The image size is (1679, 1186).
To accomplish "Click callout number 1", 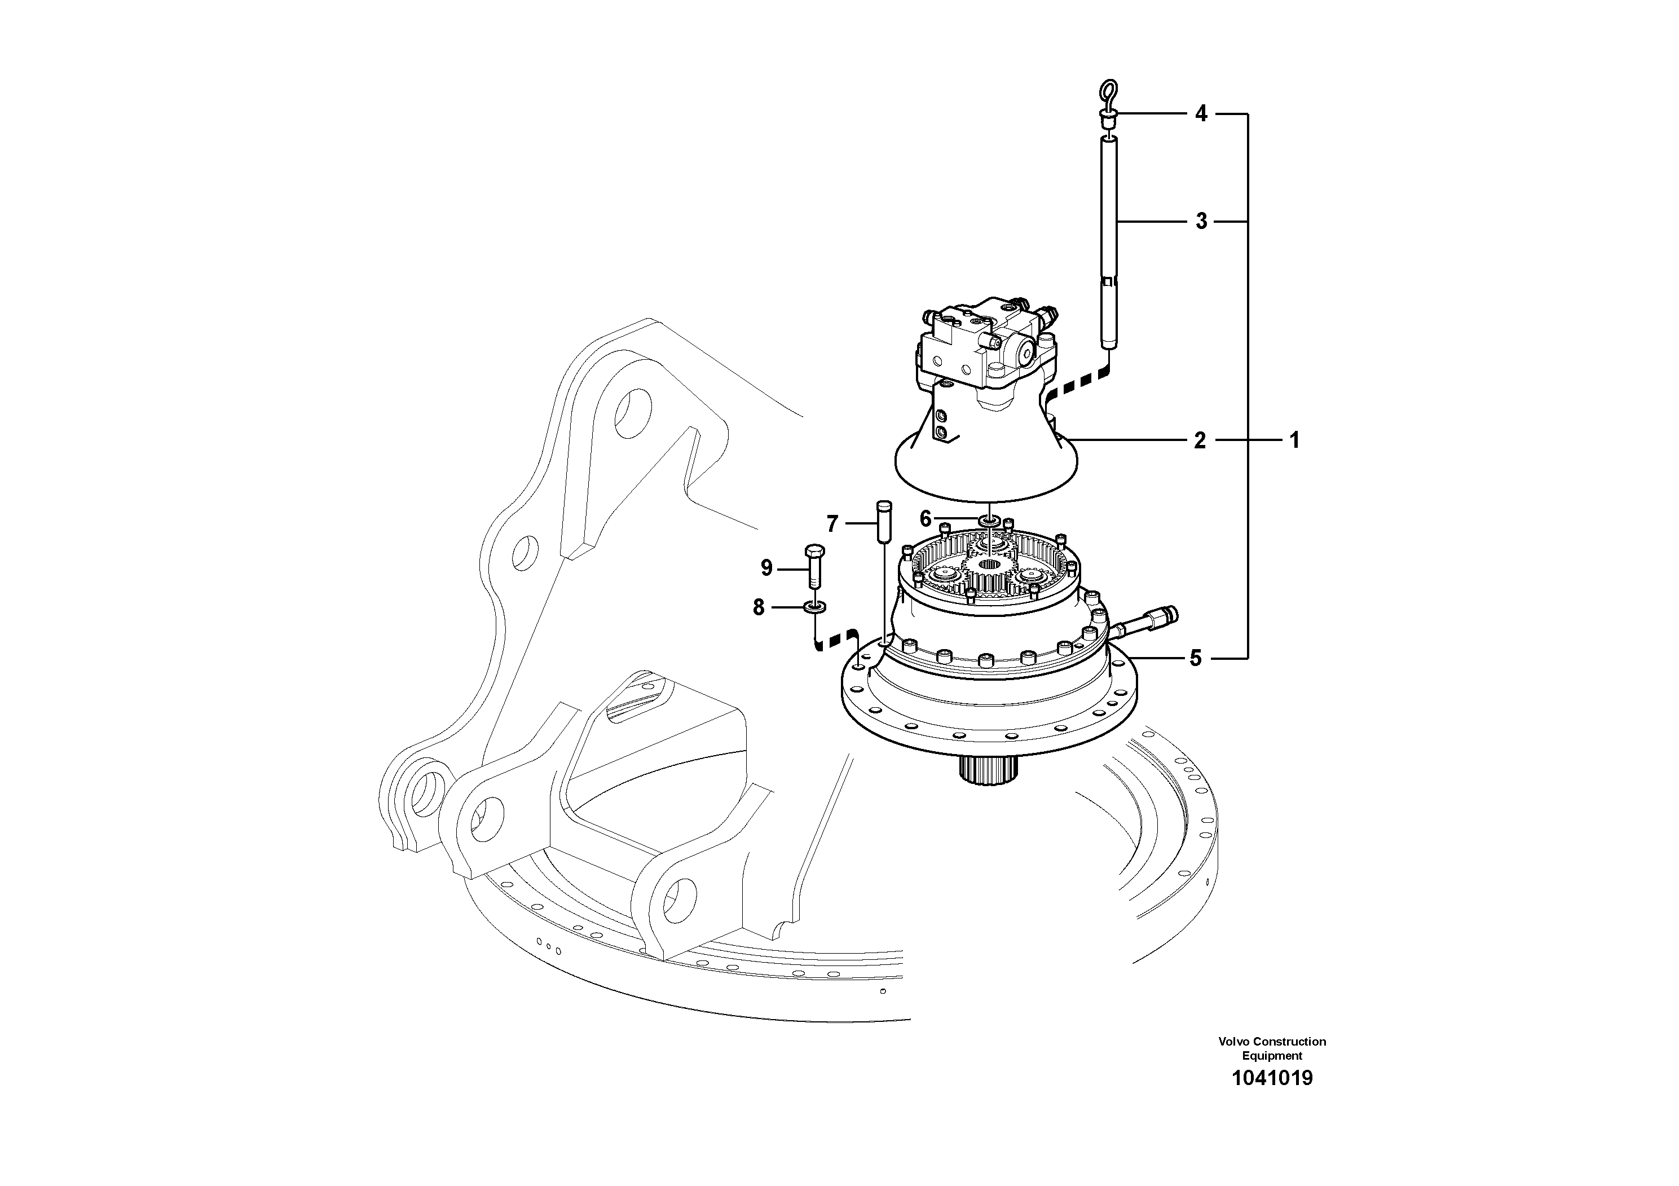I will click(1294, 440).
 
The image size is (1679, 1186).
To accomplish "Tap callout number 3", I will click(1201, 221).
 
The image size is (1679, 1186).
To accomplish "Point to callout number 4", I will click(1201, 113).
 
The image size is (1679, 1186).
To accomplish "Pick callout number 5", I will click(1196, 658).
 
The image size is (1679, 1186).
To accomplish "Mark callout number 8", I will click(759, 607).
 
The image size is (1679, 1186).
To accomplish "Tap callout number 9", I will click(766, 568).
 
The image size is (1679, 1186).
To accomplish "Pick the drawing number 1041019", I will click(1272, 1078).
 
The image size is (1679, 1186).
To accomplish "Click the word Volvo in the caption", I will click(1233, 1041).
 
